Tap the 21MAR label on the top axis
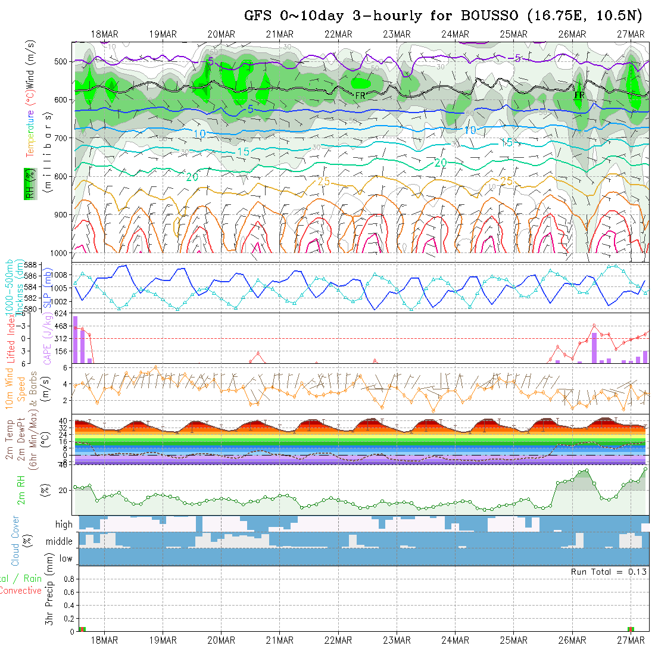pos(279,34)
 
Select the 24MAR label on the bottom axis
pos(455,640)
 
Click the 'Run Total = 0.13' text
pos(609,572)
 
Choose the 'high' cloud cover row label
pos(64,525)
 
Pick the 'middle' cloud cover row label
pos(60,542)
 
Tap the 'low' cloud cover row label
pos(65,559)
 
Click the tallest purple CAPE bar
pos(76,339)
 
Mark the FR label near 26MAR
pos(579,95)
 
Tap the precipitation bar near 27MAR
pos(631,629)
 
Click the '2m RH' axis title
pos(21,489)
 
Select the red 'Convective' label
pos(21,591)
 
